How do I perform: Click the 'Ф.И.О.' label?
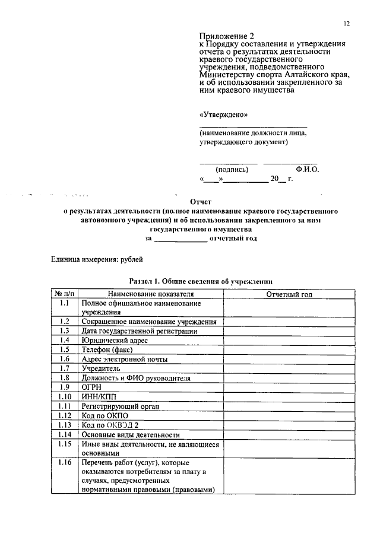pos(306,169)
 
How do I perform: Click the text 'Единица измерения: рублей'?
pos(97,259)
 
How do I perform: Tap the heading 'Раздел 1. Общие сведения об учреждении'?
pos(201,281)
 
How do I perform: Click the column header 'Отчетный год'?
pos(289,294)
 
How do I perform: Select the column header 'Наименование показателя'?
pos(151,294)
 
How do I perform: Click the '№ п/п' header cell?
pos(65,294)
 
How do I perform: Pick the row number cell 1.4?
pos(65,340)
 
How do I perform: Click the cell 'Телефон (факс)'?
pos(107,349)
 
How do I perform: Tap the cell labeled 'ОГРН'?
pos(92,387)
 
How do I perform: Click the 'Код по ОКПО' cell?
pos(105,415)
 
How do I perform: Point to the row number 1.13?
pos(65,425)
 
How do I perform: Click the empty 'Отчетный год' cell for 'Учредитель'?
pos(289,368)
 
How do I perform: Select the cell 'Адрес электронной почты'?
pos(125,359)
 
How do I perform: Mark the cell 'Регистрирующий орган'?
pos(121,406)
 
